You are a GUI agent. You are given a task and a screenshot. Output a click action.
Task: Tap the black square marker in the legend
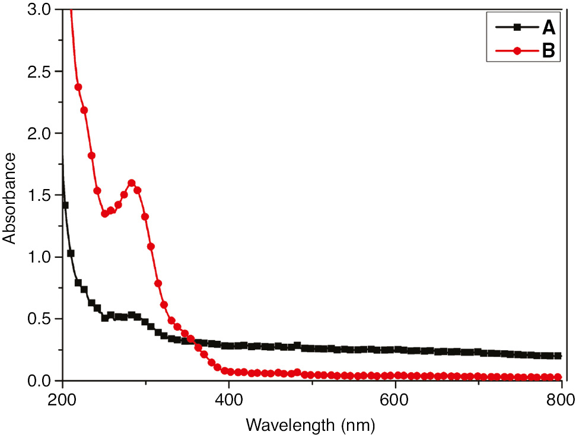tap(517, 27)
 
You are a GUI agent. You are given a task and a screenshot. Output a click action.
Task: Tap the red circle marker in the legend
tap(517, 52)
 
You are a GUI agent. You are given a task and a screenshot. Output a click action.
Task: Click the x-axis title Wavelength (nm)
tap(311, 424)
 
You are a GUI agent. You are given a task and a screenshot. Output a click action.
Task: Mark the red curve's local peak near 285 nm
tap(132, 183)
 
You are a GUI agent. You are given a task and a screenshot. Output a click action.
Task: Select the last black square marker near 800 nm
tap(558, 356)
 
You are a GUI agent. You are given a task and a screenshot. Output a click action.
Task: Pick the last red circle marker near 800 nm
tap(558, 377)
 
